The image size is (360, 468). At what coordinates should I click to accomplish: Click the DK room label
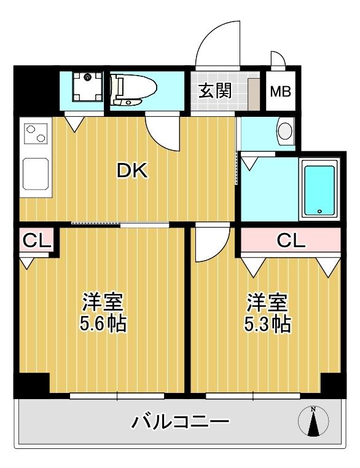click(x=133, y=171)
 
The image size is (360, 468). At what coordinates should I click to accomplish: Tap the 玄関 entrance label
click(x=214, y=91)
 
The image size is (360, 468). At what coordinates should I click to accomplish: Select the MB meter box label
click(x=281, y=92)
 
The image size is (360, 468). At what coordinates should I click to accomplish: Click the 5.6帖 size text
click(x=104, y=323)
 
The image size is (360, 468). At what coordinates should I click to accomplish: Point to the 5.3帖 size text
click(x=268, y=323)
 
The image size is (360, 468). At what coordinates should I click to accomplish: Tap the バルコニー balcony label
click(x=181, y=422)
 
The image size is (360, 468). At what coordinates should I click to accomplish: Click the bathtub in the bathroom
click(x=319, y=189)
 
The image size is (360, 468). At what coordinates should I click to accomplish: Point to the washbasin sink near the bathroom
click(x=284, y=130)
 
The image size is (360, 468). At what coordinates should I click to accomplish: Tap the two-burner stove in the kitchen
click(x=36, y=132)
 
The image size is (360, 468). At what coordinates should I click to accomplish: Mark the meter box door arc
click(x=277, y=59)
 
